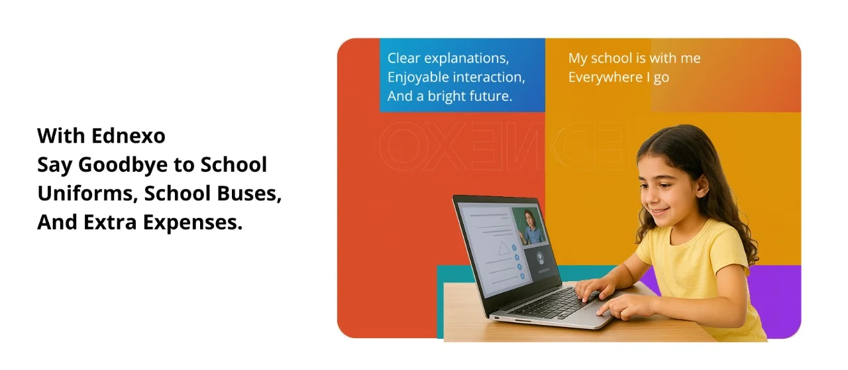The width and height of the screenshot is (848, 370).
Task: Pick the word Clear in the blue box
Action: (x=403, y=58)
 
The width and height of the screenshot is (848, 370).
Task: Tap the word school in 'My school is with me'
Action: (x=618, y=58)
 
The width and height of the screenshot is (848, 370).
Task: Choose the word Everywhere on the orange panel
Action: (x=604, y=78)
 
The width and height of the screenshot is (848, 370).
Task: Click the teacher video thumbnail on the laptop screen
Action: (x=531, y=226)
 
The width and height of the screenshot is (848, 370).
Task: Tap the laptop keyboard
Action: (x=549, y=302)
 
